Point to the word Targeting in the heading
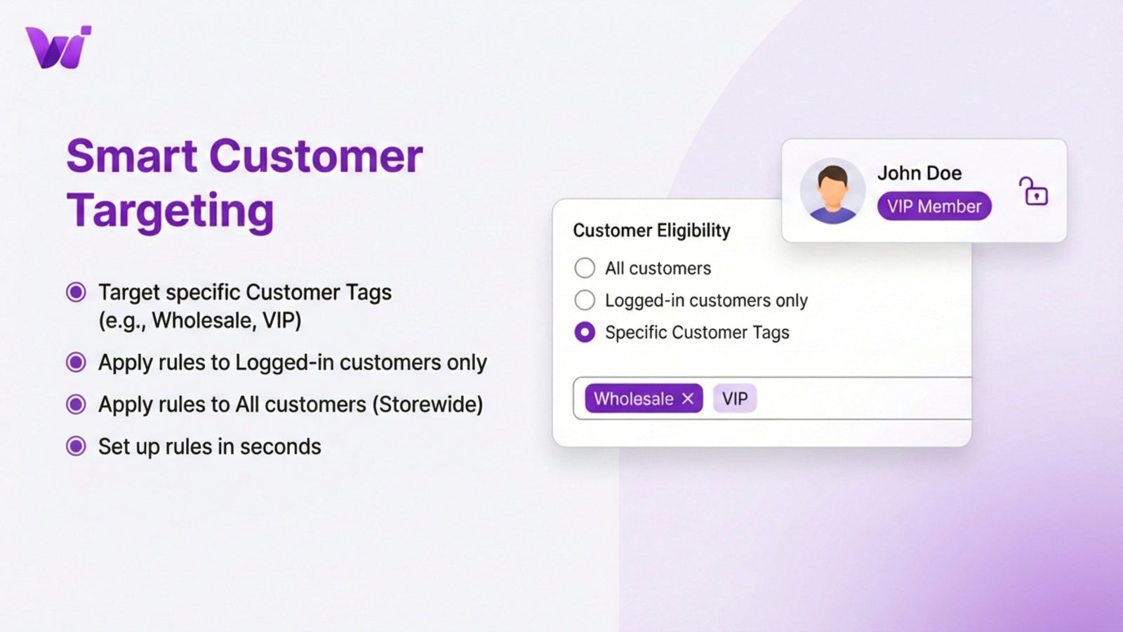click(x=170, y=211)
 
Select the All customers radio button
click(x=585, y=268)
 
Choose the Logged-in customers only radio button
click(x=585, y=301)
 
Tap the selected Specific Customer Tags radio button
click(x=585, y=332)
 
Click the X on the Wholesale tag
click(x=688, y=399)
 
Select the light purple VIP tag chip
click(x=735, y=399)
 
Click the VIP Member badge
click(x=933, y=206)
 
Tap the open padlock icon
click(x=1033, y=192)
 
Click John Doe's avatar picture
click(x=832, y=191)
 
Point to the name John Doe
click(x=919, y=173)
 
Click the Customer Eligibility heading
click(x=651, y=231)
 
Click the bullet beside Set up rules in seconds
click(x=76, y=447)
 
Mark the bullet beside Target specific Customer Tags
click(x=76, y=292)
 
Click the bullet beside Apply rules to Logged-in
click(x=76, y=362)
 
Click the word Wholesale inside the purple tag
click(x=633, y=399)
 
